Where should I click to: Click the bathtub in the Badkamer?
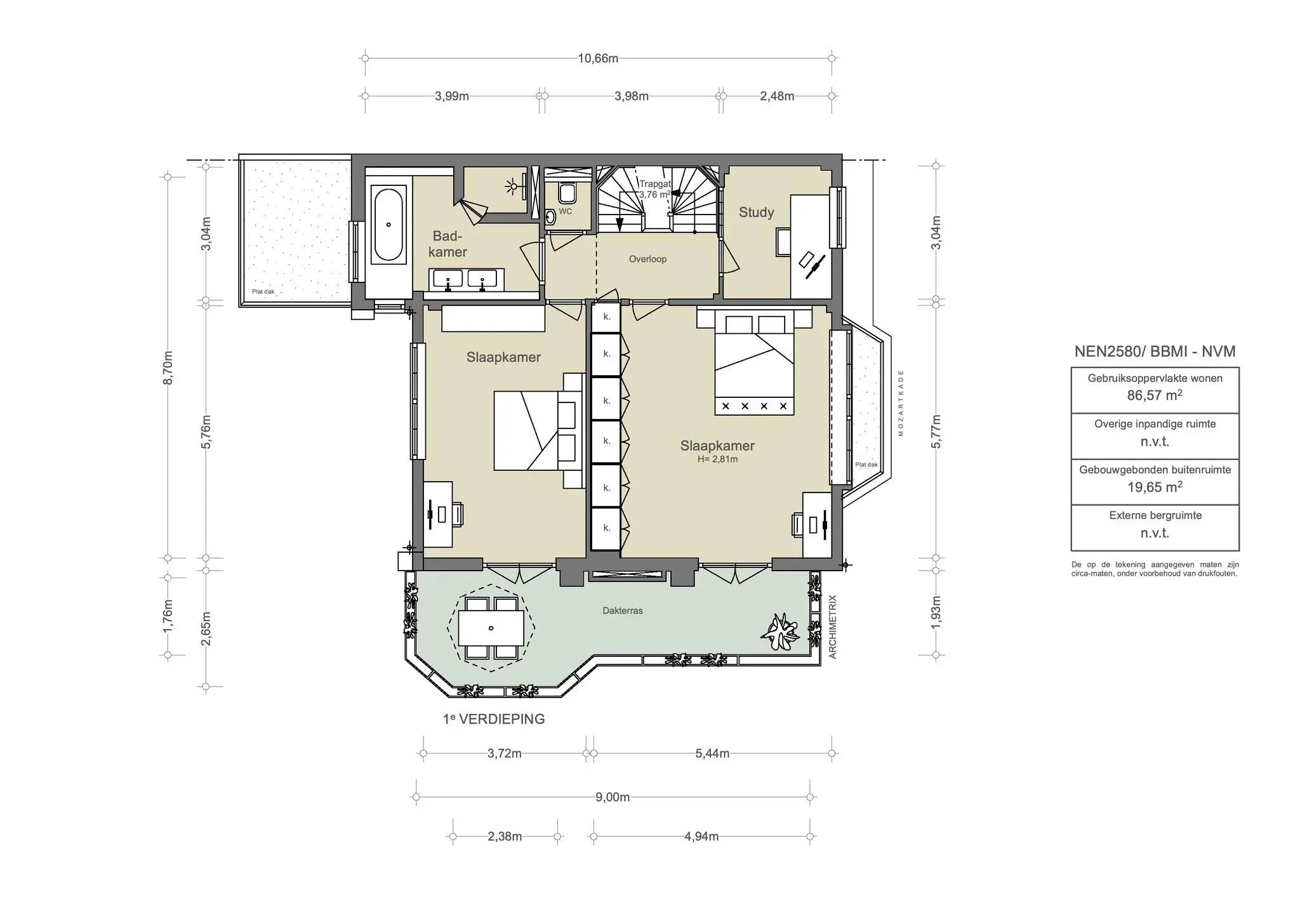[x=388, y=224]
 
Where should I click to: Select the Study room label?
[x=756, y=213]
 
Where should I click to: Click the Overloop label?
[x=647, y=259]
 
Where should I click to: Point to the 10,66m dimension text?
[x=598, y=58]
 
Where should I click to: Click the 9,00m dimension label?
[x=613, y=797]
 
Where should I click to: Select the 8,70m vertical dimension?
[x=168, y=367]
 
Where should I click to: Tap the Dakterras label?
[x=623, y=611]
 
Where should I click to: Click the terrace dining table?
[x=491, y=628]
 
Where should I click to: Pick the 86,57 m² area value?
[x=1155, y=395]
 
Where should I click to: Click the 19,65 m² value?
[x=1155, y=487]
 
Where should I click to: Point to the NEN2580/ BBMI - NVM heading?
[x=1155, y=352]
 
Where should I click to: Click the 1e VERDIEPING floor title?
[x=494, y=719]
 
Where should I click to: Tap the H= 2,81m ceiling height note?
[x=717, y=459]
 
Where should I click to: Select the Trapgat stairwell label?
[x=654, y=184]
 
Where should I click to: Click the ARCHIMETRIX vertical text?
[x=833, y=626]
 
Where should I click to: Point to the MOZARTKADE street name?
[x=901, y=403]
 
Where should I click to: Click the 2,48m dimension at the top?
[x=777, y=96]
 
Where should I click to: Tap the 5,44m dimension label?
[x=712, y=754]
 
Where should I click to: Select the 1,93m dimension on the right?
[x=936, y=612]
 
